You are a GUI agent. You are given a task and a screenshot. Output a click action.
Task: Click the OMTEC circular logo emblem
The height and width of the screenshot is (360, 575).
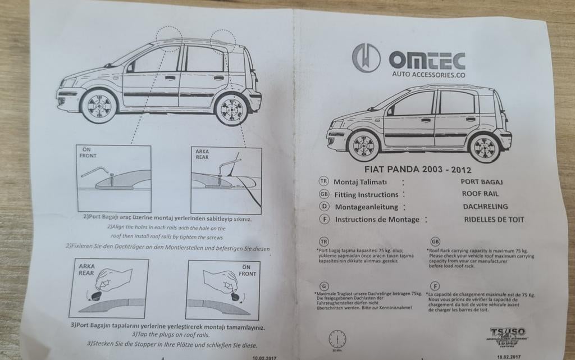point(366,58)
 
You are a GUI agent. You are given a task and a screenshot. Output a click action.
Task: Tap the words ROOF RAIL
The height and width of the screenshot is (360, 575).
point(477,194)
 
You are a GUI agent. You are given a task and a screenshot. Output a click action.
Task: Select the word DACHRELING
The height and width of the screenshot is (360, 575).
point(485,207)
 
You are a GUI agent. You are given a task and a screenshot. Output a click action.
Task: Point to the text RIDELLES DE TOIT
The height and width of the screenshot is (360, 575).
point(494,220)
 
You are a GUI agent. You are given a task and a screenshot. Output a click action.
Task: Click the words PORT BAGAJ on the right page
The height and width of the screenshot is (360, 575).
point(481,181)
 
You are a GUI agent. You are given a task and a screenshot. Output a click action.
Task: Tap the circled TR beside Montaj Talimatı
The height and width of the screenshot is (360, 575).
point(323,181)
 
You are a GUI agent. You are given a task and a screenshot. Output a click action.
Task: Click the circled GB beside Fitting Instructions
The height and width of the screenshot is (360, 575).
point(323,194)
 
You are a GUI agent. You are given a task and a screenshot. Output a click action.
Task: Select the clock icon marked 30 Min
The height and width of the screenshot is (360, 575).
point(337,339)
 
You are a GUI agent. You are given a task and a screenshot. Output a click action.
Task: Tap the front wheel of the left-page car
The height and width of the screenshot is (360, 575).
point(99,106)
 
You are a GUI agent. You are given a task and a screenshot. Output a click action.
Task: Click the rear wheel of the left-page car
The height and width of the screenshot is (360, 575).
point(232,110)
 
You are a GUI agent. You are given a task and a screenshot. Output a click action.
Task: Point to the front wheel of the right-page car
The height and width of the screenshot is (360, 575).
point(363,145)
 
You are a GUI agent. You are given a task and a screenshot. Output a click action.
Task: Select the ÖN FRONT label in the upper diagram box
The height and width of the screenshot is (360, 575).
point(88,152)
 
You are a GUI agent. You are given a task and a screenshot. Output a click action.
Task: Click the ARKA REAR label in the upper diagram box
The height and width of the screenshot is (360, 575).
point(202,154)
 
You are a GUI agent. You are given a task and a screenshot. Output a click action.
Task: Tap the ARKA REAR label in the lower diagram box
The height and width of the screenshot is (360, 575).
point(86,269)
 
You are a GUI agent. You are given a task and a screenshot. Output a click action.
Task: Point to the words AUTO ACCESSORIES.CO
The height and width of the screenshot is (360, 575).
point(428,74)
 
